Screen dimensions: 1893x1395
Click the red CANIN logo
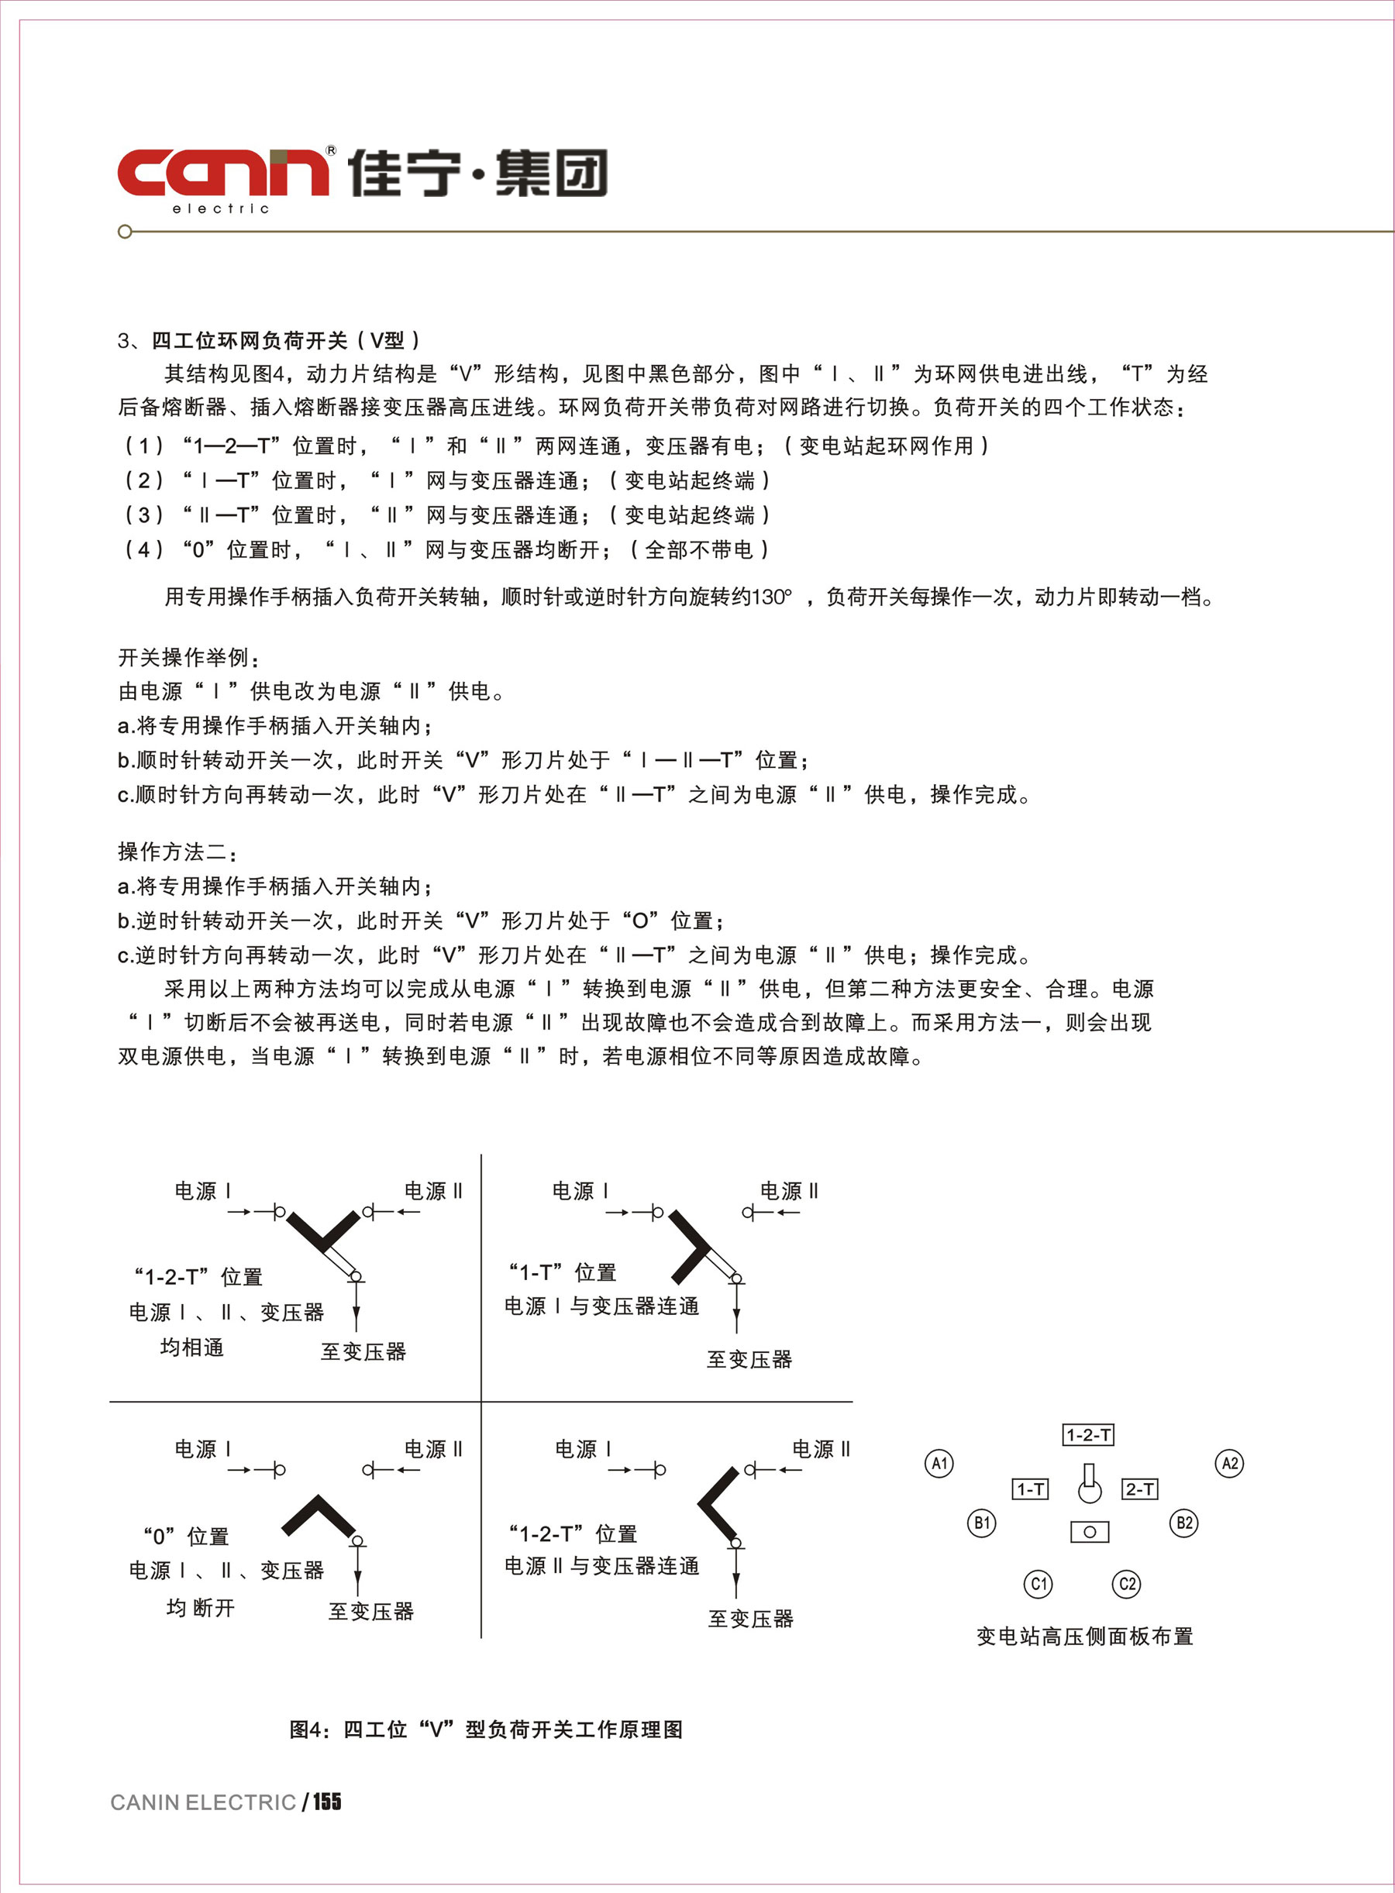point(223,172)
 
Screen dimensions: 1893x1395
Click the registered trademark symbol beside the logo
point(330,150)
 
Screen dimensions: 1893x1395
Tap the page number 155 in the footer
point(327,1802)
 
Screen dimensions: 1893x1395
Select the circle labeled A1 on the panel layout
point(939,1463)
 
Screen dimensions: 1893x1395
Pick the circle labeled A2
point(1229,1463)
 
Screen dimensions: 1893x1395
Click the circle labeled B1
point(981,1523)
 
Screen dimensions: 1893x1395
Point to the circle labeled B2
point(1184,1523)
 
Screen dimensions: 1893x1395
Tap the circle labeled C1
point(1038,1584)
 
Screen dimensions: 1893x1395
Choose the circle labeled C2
point(1127,1584)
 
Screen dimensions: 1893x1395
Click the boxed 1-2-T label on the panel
point(1087,1434)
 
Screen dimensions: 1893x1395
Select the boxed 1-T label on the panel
point(1030,1489)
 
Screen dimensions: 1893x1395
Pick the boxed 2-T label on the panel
point(1139,1489)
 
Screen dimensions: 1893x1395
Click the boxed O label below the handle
point(1090,1532)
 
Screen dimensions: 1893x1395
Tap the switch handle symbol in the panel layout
point(1090,1485)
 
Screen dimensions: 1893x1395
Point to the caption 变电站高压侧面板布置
point(1084,1637)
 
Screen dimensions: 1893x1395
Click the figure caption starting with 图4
point(486,1730)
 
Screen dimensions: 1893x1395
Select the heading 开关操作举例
point(188,657)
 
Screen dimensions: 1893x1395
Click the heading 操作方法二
point(177,851)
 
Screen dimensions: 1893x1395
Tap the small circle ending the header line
point(125,232)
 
